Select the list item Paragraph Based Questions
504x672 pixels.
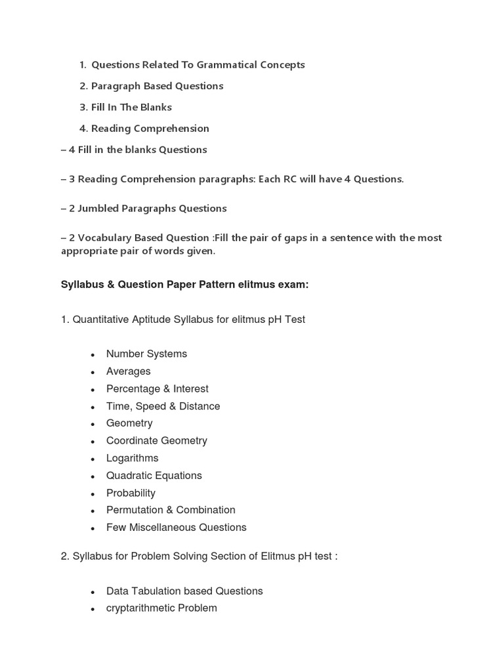click(157, 86)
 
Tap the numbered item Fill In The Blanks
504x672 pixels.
click(131, 107)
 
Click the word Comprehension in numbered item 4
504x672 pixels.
click(173, 129)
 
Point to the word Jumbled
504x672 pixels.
click(100, 209)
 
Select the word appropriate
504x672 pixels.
click(89, 251)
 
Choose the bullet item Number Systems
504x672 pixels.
click(146, 354)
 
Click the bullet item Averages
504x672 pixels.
click(129, 371)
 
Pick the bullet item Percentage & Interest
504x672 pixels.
click(157, 388)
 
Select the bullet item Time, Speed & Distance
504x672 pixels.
click(163, 406)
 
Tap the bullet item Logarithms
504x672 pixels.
click(133, 458)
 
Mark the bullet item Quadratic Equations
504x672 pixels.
click(154, 476)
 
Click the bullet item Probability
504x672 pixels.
click(131, 493)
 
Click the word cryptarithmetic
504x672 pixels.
click(142, 608)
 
